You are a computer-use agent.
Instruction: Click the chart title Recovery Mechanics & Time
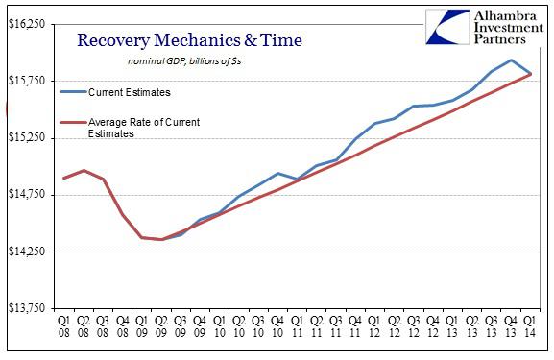coord(188,40)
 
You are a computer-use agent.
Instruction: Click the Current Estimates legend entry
coord(129,92)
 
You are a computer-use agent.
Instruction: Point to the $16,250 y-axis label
coord(29,24)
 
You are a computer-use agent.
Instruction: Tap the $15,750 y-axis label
coord(29,81)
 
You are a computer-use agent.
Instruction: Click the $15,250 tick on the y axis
coord(29,137)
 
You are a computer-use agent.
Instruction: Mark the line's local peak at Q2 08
coord(84,170)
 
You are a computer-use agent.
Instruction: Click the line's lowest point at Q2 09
coord(161,239)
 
